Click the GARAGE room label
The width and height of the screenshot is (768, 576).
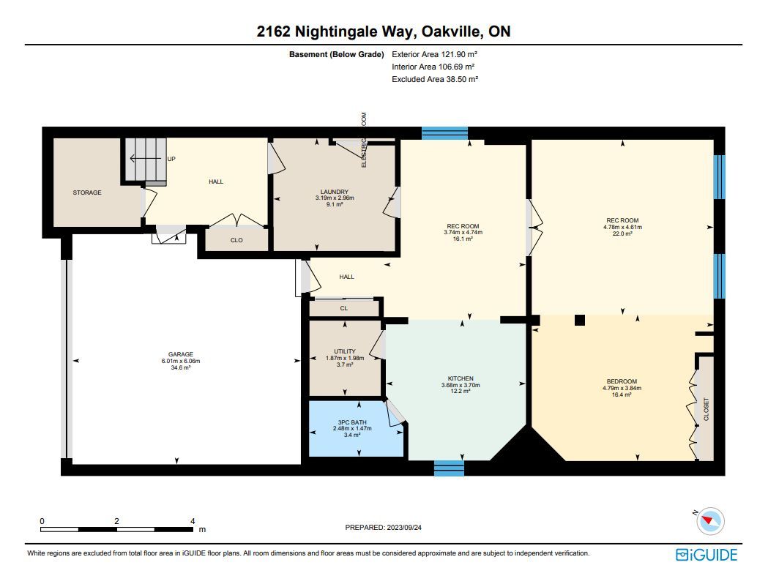click(181, 354)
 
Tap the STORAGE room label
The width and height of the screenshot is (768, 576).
click(87, 192)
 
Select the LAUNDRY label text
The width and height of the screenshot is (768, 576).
click(335, 192)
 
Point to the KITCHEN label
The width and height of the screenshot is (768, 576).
click(461, 378)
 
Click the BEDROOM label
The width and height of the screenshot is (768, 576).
click(622, 381)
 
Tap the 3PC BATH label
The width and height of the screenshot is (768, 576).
click(352, 422)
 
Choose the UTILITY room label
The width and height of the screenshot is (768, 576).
click(345, 351)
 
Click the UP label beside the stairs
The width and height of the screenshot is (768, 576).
click(171, 159)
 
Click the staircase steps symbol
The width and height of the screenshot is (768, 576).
click(146, 159)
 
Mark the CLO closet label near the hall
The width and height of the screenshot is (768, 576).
click(236, 240)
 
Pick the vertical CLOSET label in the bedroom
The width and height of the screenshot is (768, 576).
click(706, 409)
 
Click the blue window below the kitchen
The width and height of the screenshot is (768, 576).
click(449, 468)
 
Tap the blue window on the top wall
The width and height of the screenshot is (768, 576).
click(444, 133)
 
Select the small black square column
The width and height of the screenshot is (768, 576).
click(579, 320)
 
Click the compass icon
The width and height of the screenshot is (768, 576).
click(709, 520)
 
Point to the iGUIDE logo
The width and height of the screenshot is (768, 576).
click(707, 555)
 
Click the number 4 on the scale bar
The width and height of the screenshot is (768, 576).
click(193, 521)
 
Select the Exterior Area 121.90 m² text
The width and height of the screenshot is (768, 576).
click(434, 54)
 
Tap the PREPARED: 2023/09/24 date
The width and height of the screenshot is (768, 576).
click(383, 528)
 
